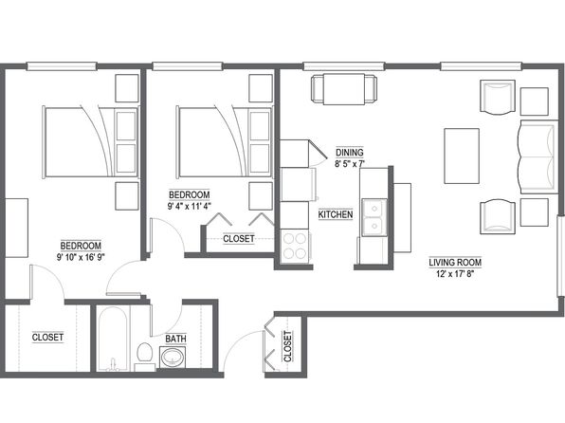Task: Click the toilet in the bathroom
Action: [x=145, y=356]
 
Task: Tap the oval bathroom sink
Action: [x=173, y=358]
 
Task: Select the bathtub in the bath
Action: [x=113, y=339]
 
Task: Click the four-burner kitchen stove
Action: [x=295, y=247]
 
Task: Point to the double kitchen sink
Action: [x=374, y=217]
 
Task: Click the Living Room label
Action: [x=455, y=262]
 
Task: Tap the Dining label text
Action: [x=350, y=152]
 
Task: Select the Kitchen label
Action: [x=336, y=214]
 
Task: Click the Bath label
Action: [x=175, y=339]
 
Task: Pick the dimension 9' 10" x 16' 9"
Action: [x=81, y=257]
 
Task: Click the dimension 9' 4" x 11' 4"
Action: [x=190, y=206]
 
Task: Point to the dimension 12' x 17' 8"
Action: [x=455, y=274]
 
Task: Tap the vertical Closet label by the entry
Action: [x=287, y=346]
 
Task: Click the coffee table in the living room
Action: [x=462, y=156]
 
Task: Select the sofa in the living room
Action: [x=538, y=156]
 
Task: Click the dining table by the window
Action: [x=344, y=89]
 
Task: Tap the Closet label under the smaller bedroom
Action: [x=239, y=239]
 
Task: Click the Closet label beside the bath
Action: [x=47, y=338]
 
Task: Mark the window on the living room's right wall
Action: [x=560, y=256]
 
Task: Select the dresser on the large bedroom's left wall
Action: [x=16, y=228]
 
